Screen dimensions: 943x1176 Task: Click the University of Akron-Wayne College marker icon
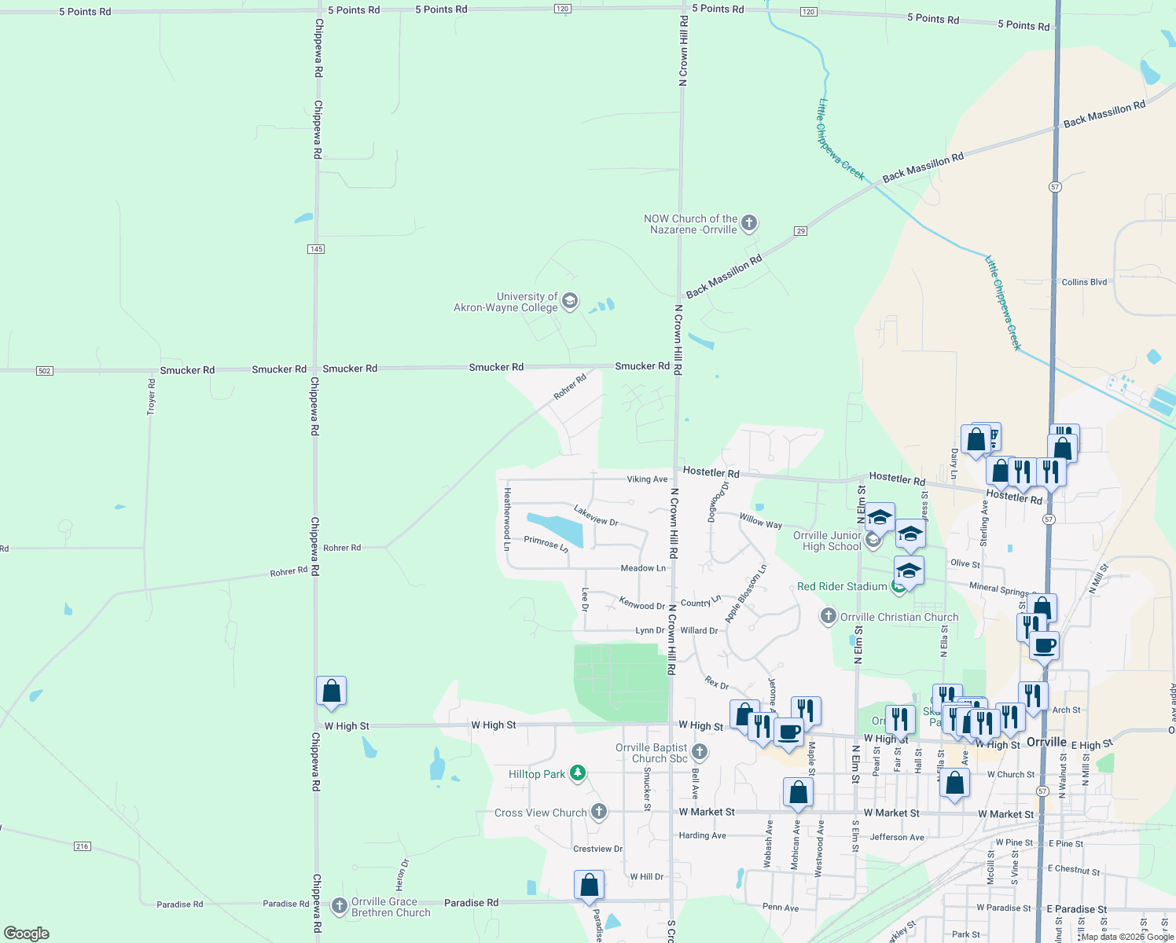(570, 301)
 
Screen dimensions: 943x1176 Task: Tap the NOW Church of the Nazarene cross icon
(749, 223)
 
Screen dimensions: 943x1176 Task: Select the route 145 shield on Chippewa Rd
(316, 249)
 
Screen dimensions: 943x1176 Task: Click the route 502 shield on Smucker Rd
(45, 370)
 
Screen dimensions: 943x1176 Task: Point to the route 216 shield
(83, 846)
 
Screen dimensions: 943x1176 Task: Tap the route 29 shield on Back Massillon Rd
(801, 230)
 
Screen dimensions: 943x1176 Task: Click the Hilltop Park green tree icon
(578, 774)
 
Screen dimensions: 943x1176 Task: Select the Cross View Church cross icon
(599, 812)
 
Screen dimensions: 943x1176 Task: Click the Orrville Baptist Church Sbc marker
(699, 752)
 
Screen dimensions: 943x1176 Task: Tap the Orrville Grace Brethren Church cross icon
(340, 906)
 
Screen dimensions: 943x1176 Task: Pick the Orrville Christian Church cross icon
(828, 616)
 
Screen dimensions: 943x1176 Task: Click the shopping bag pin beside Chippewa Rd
(332, 691)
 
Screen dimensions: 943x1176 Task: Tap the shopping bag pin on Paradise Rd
(589, 885)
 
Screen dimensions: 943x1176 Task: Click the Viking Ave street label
(647, 479)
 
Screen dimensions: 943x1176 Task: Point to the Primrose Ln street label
(546, 543)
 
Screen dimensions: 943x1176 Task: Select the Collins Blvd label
(1084, 282)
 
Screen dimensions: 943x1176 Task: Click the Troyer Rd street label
(152, 397)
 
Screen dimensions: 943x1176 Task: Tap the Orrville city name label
(1046, 742)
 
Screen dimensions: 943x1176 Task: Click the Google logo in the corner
(27, 934)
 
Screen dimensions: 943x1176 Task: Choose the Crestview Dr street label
(597, 849)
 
